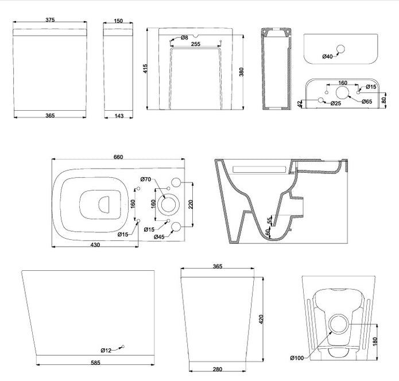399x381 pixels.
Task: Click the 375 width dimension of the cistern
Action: [x=49, y=20]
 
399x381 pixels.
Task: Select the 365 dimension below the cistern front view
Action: [x=49, y=116]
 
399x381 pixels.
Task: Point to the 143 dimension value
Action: [x=119, y=116]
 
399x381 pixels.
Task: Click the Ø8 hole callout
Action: [x=184, y=38]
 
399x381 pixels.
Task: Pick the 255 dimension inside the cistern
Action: [x=195, y=44]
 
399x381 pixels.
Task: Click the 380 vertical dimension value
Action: [x=242, y=72]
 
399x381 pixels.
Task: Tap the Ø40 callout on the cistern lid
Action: [x=328, y=56]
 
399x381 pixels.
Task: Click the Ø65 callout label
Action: [x=367, y=102]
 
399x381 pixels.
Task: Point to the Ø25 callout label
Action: [x=336, y=103]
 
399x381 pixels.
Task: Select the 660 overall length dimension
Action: [x=118, y=158]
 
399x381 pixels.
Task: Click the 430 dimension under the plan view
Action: [x=95, y=245]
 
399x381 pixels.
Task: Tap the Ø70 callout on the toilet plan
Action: [x=147, y=180]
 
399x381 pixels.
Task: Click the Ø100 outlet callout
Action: [x=313, y=358]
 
